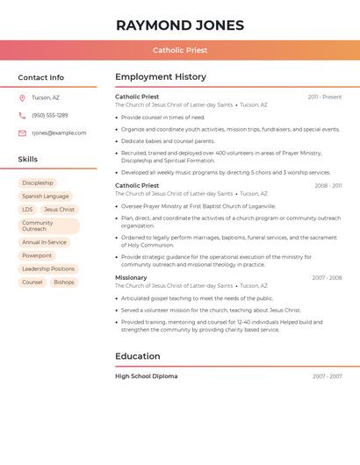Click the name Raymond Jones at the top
[x=180, y=25]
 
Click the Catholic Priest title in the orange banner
[x=180, y=50]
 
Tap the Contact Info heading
[x=41, y=77]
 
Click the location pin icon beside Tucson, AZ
[x=22, y=97]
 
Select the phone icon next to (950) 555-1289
[x=22, y=115]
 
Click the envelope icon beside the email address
[x=22, y=133]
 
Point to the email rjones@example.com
[x=59, y=133]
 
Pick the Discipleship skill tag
[x=38, y=183]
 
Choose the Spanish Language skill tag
[x=46, y=197]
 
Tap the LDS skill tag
[x=27, y=210]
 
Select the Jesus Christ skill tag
[x=60, y=210]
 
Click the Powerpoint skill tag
[x=37, y=255]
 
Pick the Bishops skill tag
[x=64, y=283]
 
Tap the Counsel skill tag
[x=32, y=283]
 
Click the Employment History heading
[x=161, y=77]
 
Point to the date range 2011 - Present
[x=325, y=97]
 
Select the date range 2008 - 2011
[x=328, y=185]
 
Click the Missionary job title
[x=131, y=277]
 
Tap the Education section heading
[x=138, y=356]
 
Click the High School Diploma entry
[x=146, y=376]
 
